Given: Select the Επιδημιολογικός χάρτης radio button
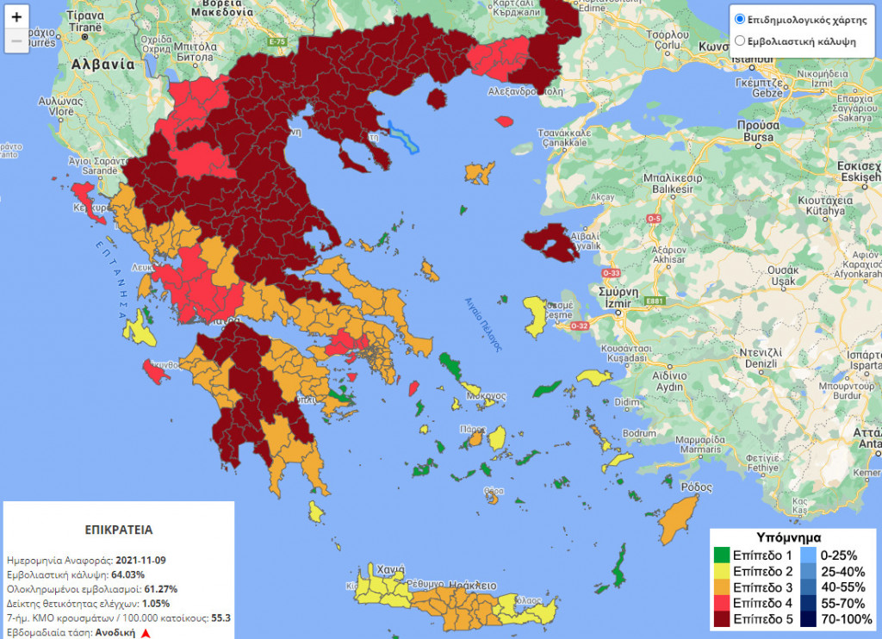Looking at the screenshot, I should pos(739,18).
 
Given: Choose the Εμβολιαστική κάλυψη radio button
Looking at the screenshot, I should pos(739,40).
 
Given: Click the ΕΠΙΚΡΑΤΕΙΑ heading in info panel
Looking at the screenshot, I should pos(119,529).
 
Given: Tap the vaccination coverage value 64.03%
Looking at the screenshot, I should pos(127,574).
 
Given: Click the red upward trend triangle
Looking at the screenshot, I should pos(146,633).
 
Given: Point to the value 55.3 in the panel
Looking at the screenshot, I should pos(221,618).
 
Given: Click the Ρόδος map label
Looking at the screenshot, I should pos(696,487).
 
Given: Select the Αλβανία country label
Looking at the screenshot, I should pos(103,64).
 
